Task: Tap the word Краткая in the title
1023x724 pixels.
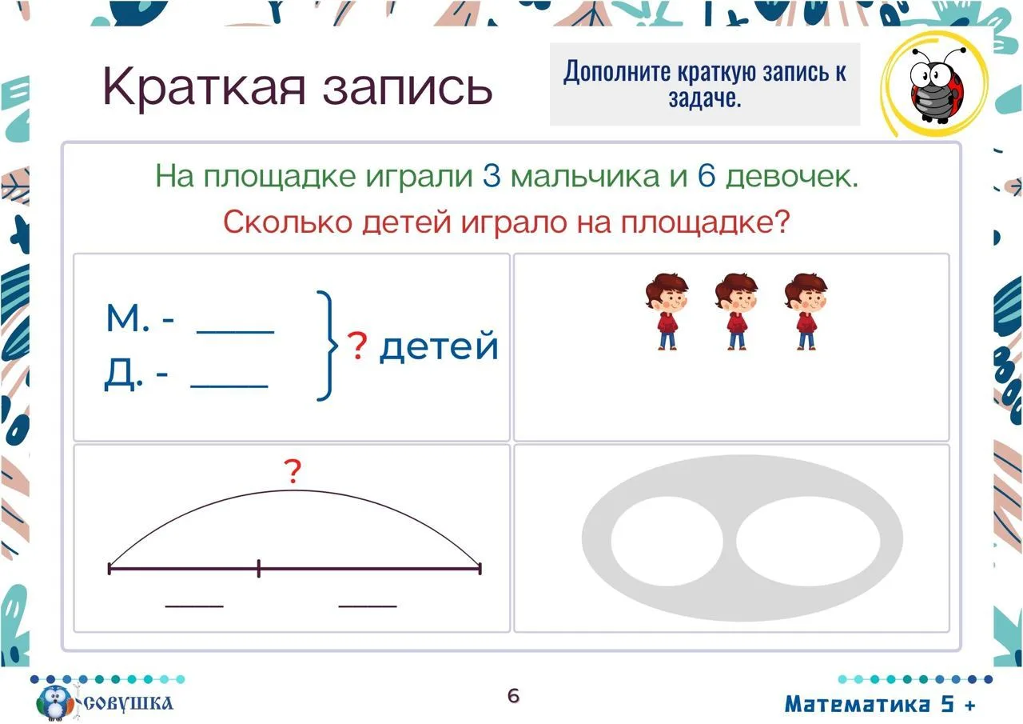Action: point(204,87)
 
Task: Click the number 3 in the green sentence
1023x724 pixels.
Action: point(492,176)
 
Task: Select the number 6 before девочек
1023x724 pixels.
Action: point(706,176)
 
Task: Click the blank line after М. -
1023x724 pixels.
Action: point(235,332)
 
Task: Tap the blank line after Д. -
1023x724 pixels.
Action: point(229,386)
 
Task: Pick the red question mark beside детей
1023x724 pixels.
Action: point(357,346)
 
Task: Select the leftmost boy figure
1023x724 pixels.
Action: point(667,312)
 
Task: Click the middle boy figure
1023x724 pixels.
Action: point(737,312)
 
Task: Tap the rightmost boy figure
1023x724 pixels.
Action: point(806,312)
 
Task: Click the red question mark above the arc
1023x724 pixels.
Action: point(293,471)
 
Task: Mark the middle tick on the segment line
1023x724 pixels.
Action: point(258,568)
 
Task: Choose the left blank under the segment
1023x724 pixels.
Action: point(194,606)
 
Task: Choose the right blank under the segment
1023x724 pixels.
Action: point(368,606)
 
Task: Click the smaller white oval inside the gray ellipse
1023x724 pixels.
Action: point(667,541)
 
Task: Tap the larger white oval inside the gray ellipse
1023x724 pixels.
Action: point(808,541)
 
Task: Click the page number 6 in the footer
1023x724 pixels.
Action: point(513,696)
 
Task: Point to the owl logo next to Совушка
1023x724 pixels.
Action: point(56,702)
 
